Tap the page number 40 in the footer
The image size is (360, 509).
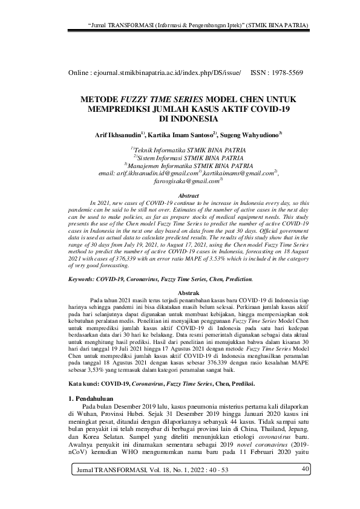pyautogui.click(x=305, y=487)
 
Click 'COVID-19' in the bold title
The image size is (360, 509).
pyautogui.click(x=255, y=109)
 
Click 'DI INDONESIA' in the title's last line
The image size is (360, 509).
pyautogui.click(x=180, y=120)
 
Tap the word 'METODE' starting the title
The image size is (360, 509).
pyautogui.click(x=100, y=99)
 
